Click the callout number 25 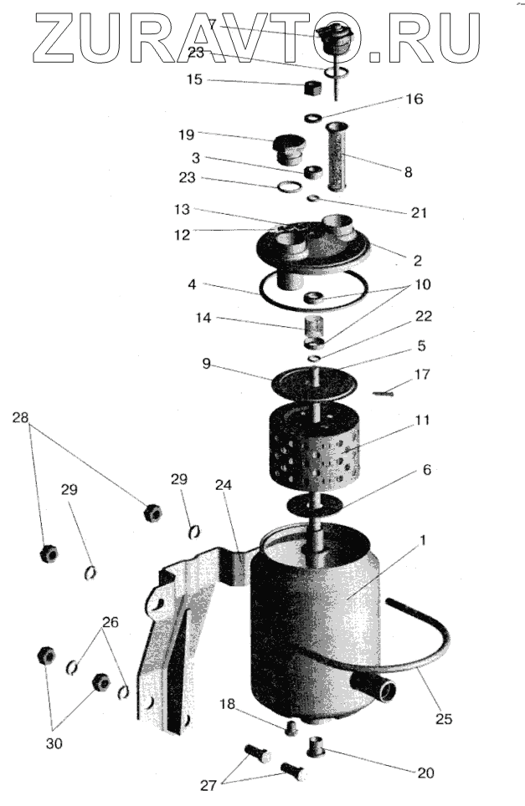[443, 718]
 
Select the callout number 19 [186, 134]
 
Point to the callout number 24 [223, 485]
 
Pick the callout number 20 [425, 773]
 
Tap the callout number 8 [408, 173]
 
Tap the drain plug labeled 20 [317, 743]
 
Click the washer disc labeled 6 [314, 505]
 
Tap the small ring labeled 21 [311, 198]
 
